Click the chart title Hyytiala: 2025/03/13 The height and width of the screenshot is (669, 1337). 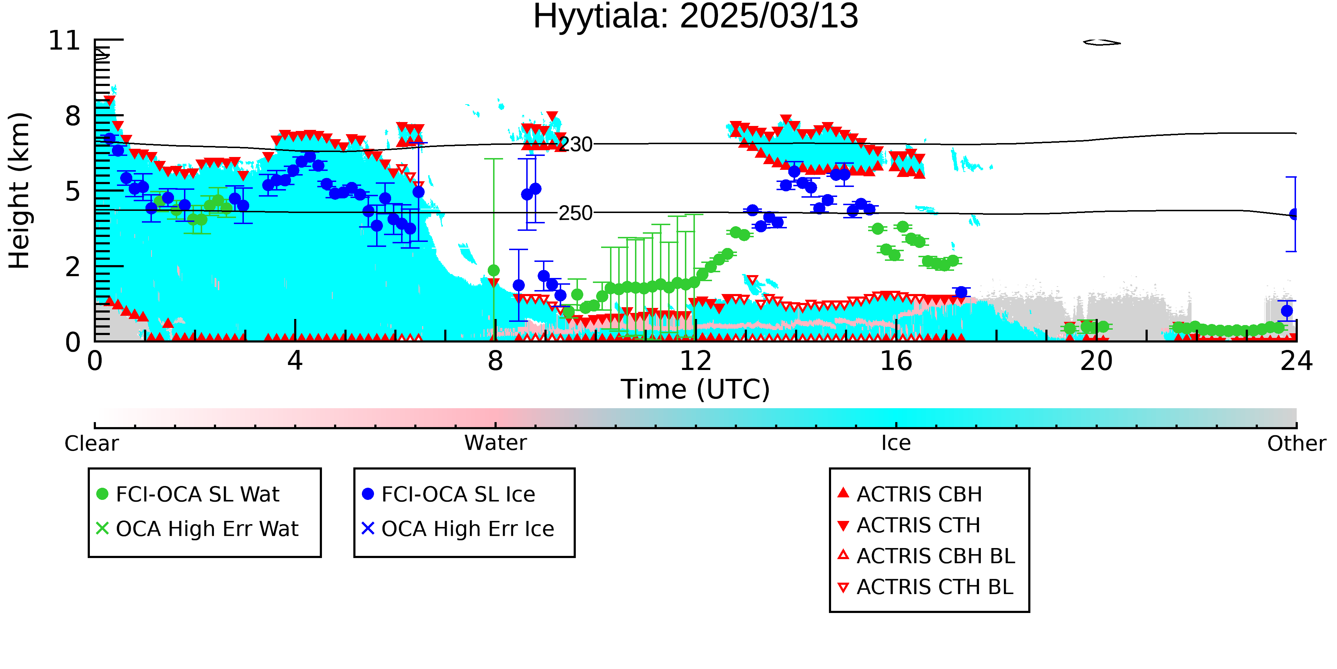pyautogui.click(x=696, y=17)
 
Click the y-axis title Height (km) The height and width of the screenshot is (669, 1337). pyautogui.click(x=19, y=191)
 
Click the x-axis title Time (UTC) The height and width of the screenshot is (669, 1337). pyautogui.click(x=696, y=390)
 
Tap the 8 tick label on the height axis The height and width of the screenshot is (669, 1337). pyautogui.click(x=73, y=116)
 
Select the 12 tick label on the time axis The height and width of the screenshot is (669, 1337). pyautogui.click(x=696, y=361)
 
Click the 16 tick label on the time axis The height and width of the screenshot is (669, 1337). pyautogui.click(x=896, y=361)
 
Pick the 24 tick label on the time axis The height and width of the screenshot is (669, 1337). pyautogui.click(x=1296, y=361)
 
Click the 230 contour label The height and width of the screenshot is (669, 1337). pyautogui.click(x=575, y=145)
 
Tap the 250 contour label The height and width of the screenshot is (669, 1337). pyautogui.click(x=575, y=213)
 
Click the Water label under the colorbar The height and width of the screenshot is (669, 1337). pyautogui.click(x=496, y=443)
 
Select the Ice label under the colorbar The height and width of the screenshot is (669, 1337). pyautogui.click(x=896, y=443)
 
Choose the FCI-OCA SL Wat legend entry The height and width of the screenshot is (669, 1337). pyautogui.click(x=188, y=494)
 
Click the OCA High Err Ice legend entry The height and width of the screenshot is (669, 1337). pyautogui.click(x=458, y=529)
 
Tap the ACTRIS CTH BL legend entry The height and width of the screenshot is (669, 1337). pyautogui.click(x=926, y=587)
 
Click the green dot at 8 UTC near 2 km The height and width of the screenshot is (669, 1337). pyautogui.click(x=493, y=270)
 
